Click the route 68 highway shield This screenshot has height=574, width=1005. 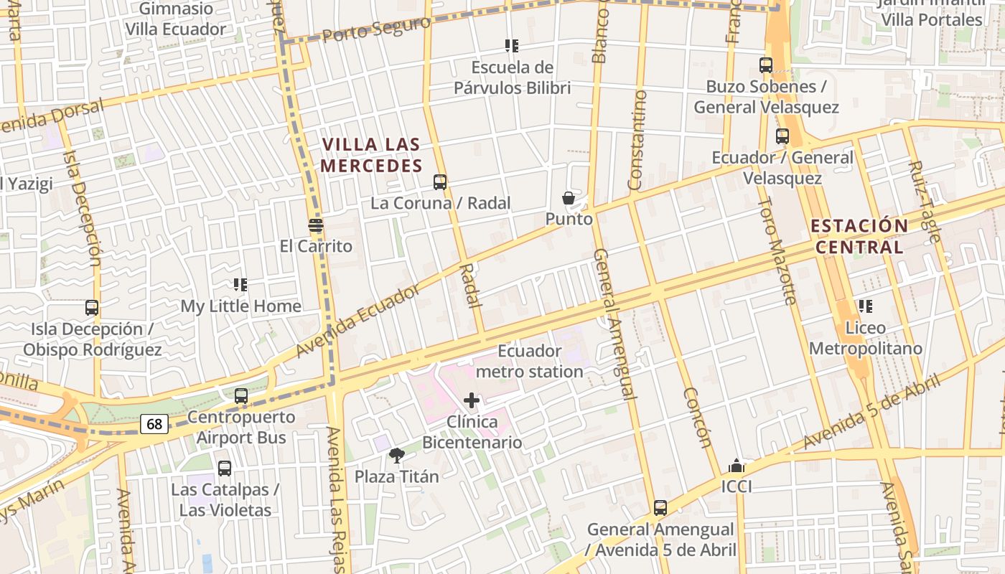[155, 424]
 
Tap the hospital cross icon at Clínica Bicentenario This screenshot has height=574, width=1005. [472, 400]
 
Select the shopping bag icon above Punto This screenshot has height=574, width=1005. [569, 198]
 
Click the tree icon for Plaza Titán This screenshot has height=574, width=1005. [396, 455]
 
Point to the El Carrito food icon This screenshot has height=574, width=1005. [316, 225]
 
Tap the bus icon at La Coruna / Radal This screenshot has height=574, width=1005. [440, 182]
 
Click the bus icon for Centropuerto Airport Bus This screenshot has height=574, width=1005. [241, 396]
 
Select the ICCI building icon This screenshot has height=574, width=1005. [736, 466]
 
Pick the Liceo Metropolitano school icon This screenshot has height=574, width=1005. [866, 306]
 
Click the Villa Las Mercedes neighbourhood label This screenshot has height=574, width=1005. [371, 155]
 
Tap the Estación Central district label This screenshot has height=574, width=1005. [859, 236]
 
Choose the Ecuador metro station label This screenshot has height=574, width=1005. [529, 361]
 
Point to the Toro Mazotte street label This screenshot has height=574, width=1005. [778, 251]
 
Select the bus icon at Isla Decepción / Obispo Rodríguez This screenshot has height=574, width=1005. [92, 308]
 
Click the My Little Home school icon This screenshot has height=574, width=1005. [240, 285]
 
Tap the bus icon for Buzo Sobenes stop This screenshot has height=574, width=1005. [766, 65]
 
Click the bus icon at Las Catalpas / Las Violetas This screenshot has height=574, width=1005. [225, 469]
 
